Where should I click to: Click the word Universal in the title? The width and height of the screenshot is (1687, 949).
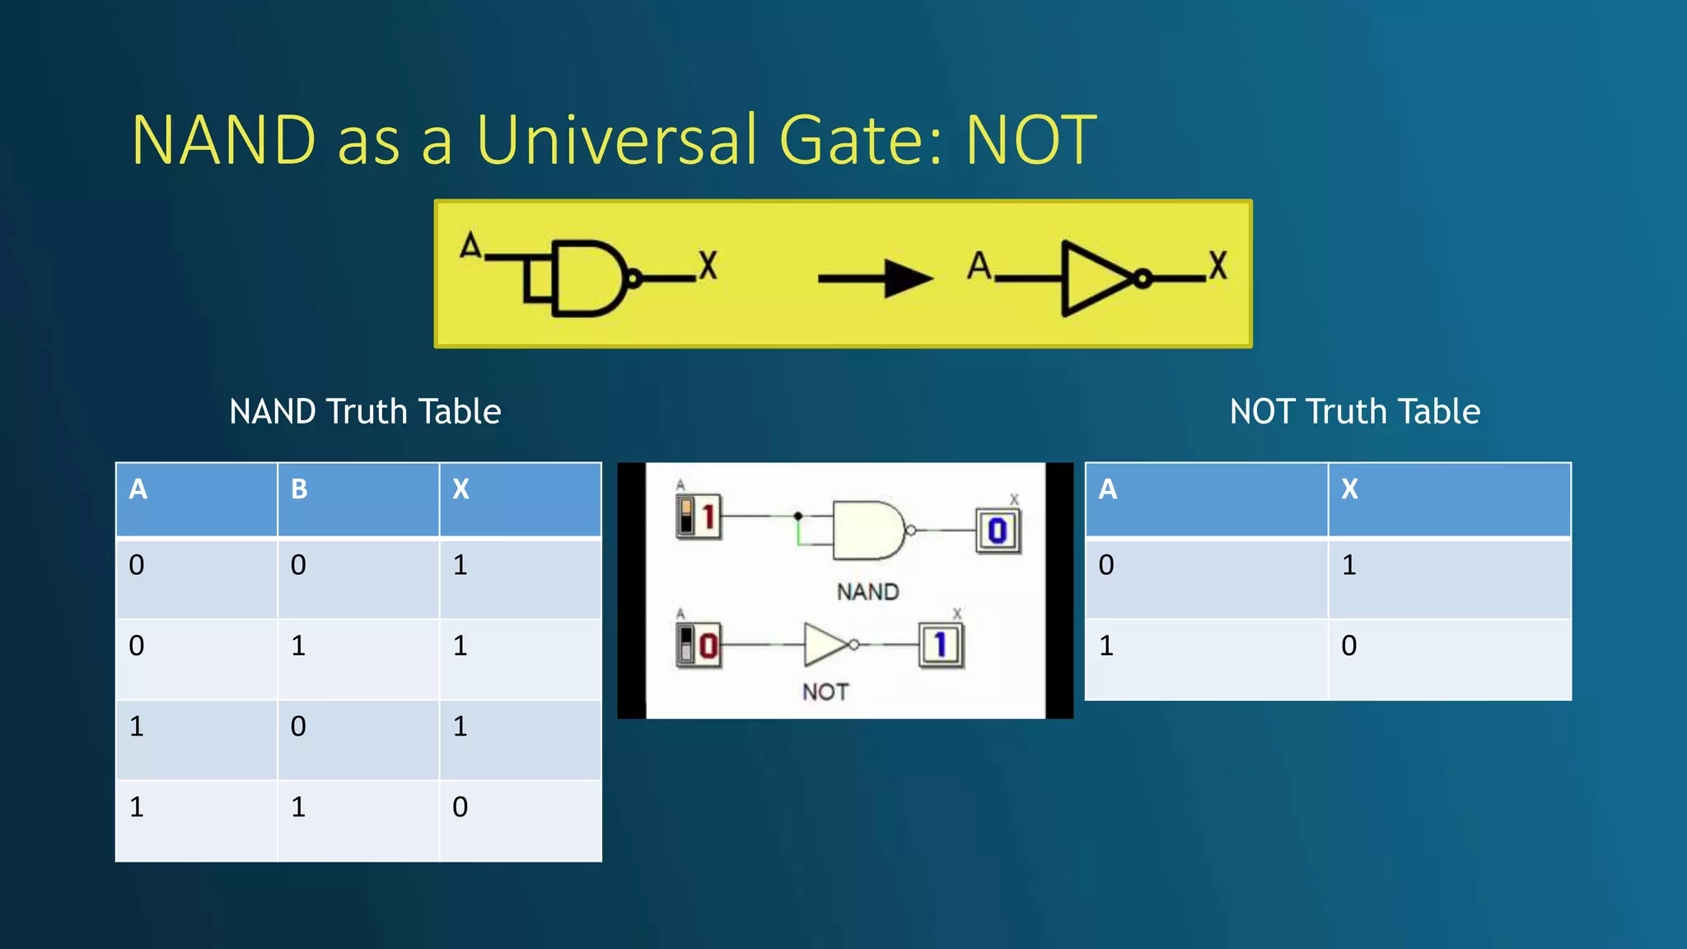tap(616, 140)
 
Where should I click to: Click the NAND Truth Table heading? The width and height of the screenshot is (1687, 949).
tap(365, 411)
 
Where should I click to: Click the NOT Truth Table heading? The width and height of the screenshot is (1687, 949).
tap(1354, 411)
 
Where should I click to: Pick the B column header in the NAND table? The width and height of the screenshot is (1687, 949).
tap(299, 489)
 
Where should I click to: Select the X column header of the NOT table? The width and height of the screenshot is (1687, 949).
tap(1349, 489)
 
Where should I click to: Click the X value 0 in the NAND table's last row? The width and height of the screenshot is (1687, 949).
tap(460, 806)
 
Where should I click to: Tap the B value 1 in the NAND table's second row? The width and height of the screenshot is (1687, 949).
tap(298, 645)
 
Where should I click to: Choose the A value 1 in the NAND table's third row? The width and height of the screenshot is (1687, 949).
tap(137, 726)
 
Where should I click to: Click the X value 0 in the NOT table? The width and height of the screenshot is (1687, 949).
tap(1348, 645)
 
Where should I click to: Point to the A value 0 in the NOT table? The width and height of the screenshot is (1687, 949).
tap(1106, 565)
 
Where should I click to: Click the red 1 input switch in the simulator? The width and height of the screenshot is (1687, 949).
tap(699, 517)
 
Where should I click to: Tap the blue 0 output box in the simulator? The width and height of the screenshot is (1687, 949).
tap(998, 531)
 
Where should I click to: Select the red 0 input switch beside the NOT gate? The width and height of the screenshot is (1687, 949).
tap(699, 645)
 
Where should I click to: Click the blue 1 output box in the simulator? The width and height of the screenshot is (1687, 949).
tap(941, 645)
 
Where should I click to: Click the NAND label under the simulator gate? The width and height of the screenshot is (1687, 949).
tap(867, 591)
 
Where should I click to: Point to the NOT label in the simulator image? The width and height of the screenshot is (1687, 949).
tap(825, 691)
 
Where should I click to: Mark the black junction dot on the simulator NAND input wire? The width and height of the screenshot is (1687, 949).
tap(797, 516)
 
